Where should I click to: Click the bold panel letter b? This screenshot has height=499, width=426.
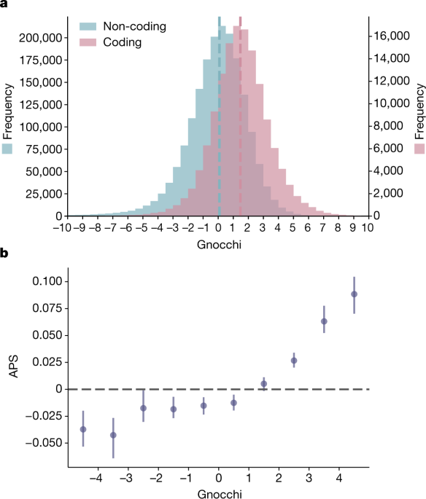click(x=4, y=254)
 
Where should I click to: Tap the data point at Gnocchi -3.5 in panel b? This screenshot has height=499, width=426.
click(x=113, y=435)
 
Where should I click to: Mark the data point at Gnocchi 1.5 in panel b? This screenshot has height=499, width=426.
click(x=264, y=383)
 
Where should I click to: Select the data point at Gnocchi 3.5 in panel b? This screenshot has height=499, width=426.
click(x=324, y=321)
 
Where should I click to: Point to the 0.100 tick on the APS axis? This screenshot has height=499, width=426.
click(x=48, y=281)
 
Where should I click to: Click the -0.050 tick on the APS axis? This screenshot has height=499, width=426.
click(x=45, y=442)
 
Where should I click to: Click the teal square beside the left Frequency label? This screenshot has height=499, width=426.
click(x=8, y=149)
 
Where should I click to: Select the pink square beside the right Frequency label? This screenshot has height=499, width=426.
click(x=419, y=149)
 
